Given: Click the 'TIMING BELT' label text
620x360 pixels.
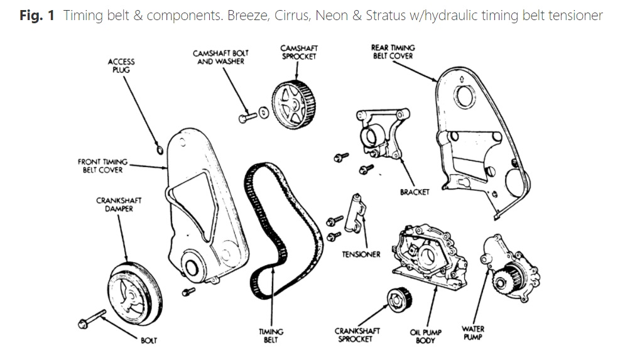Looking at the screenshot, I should coord(271,335).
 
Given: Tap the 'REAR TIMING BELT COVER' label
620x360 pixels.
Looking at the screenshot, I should coord(393,52).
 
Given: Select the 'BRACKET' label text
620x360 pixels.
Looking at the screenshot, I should coord(414,192).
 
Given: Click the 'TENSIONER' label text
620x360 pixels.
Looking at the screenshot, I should coord(361,254).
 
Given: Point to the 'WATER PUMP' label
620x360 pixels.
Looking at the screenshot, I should coord(472,332).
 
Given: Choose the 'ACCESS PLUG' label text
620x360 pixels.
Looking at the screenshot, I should coord(121,66).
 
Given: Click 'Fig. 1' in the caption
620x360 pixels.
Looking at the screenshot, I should coord(37,15).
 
